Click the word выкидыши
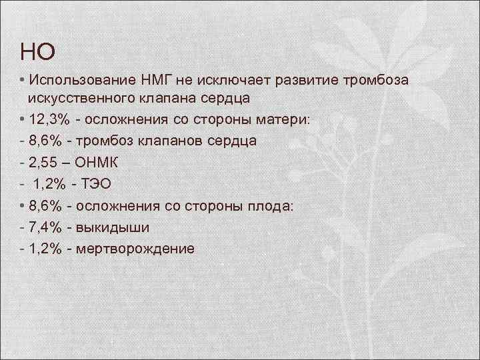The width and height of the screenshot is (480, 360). (113, 227)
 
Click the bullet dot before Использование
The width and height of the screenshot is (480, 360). (23, 81)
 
